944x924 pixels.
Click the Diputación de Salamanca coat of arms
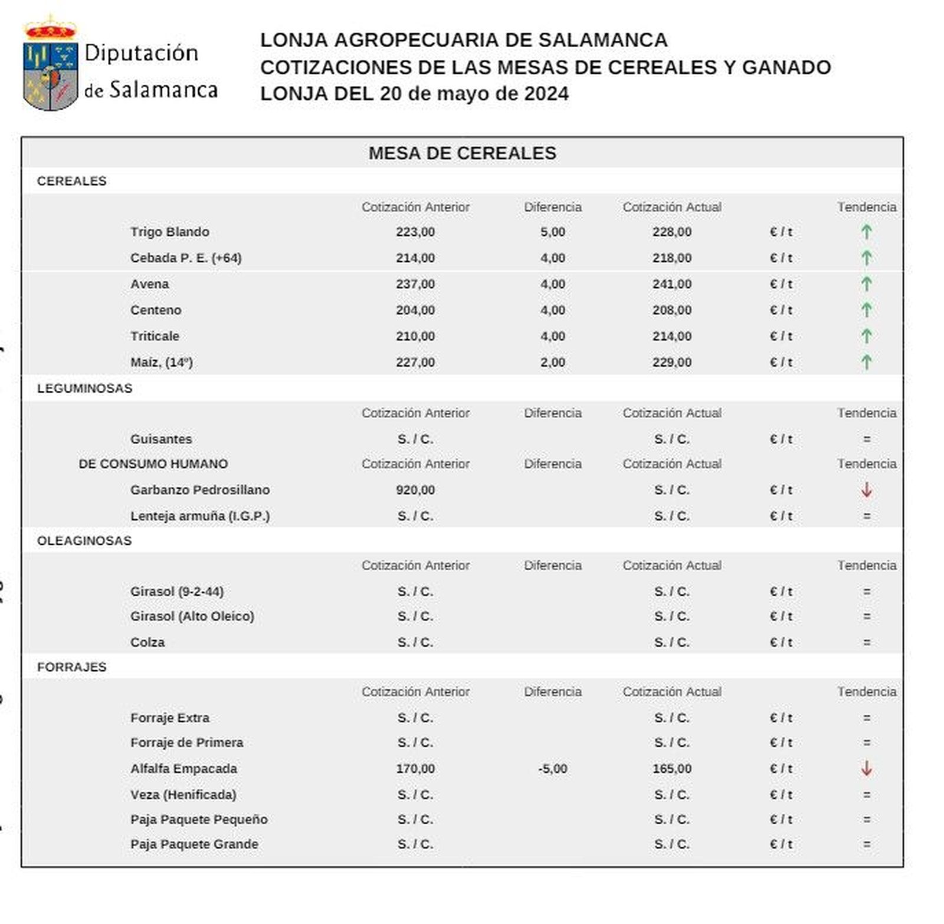click(51, 65)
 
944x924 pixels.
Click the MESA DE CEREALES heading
click(462, 153)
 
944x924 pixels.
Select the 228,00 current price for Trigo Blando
click(671, 232)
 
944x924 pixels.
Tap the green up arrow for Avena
click(866, 284)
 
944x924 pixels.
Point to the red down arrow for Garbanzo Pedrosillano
click(866, 489)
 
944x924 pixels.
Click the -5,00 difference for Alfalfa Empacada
click(552, 769)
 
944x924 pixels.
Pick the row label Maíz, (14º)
click(161, 362)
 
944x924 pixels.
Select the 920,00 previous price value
click(415, 490)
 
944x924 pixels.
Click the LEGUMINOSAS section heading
click(84, 388)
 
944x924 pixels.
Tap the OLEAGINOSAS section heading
click(84, 541)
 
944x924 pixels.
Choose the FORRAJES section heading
click(71, 667)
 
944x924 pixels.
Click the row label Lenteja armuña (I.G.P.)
click(199, 516)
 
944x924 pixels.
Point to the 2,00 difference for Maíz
click(552, 362)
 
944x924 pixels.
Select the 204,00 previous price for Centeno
click(415, 310)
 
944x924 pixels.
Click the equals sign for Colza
click(866, 642)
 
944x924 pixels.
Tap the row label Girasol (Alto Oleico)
click(192, 616)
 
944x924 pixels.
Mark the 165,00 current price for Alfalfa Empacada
click(671, 769)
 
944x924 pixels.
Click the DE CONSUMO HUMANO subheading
click(153, 464)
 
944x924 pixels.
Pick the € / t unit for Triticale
click(781, 336)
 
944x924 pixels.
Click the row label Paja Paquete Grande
click(194, 844)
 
